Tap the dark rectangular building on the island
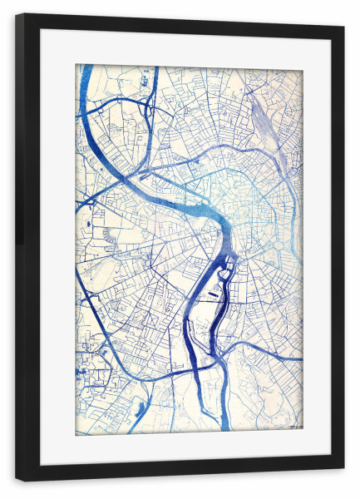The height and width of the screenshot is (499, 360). pyautogui.click(x=215, y=294)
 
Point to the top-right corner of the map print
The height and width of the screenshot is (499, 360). pyautogui.click(x=303, y=65)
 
